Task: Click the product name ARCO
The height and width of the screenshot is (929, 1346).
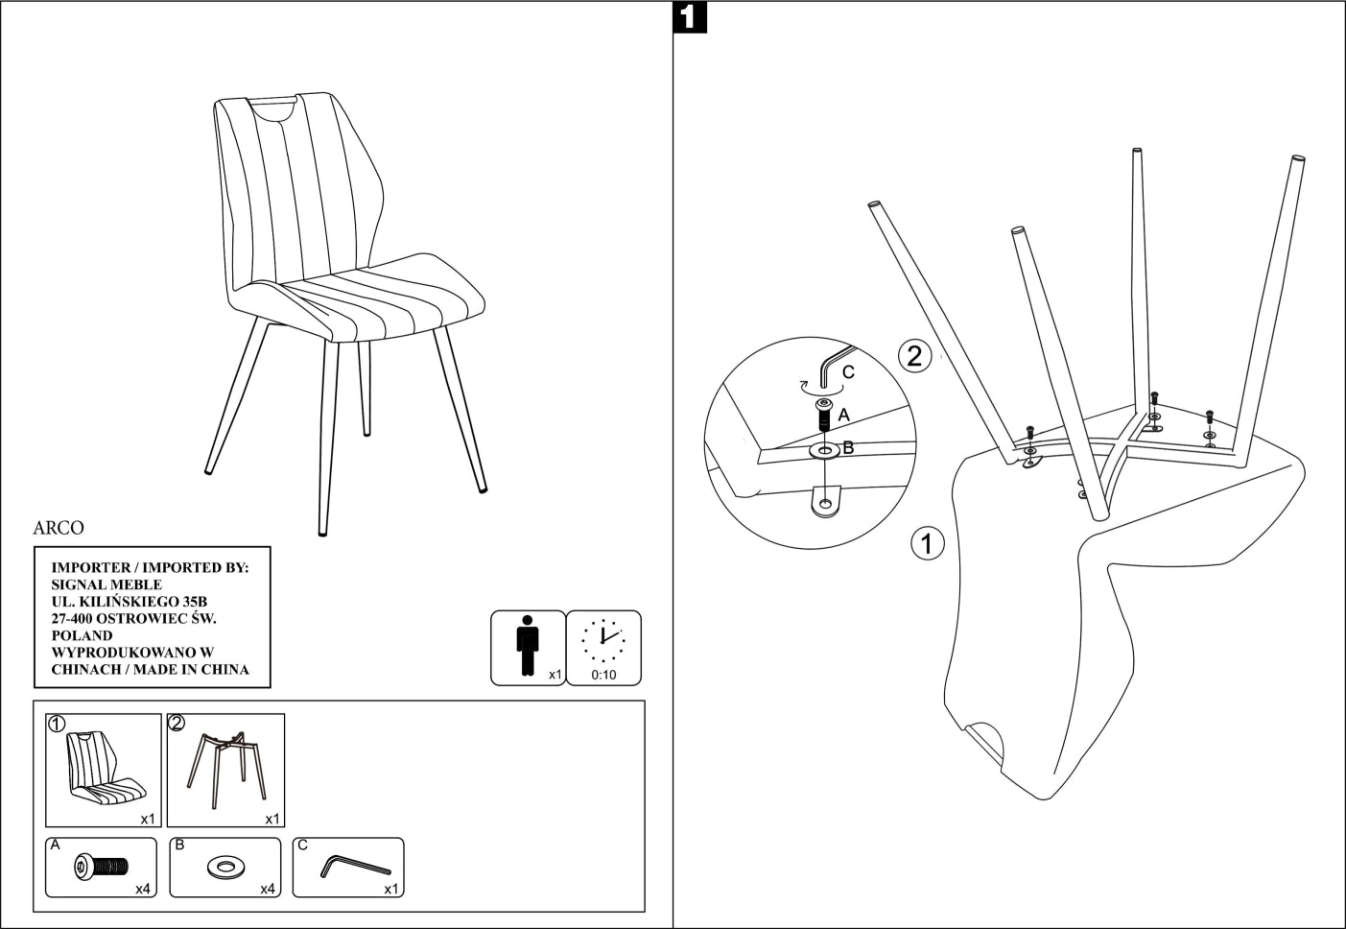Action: [x=59, y=528]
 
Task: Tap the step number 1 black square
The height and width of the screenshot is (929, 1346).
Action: [x=691, y=18]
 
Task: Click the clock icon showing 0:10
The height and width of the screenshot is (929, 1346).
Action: [x=603, y=641]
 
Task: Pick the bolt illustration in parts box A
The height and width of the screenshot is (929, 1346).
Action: [x=101, y=868]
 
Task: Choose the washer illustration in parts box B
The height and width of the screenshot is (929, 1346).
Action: [x=225, y=868]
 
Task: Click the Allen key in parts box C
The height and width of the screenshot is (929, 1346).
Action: [x=354, y=866]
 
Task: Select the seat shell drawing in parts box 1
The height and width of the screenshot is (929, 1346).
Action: [x=106, y=769]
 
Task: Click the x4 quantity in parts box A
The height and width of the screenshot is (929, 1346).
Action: [x=143, y=889]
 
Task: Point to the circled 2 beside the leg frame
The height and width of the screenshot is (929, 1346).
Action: [x=914, y=356]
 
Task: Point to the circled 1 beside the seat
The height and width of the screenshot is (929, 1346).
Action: [x=927, y=543]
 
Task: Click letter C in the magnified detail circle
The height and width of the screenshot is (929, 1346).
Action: [x=848, y=372]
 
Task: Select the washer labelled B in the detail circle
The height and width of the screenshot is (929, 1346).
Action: [x=824, y=450]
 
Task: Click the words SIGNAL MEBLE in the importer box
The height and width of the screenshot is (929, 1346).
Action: [x=106, y=584]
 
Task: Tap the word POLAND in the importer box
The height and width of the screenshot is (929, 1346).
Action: [x=82, y=635]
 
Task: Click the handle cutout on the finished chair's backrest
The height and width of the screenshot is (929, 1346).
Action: [x=272, y=106]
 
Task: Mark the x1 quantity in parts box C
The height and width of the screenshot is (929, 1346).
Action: [x=391, y=889]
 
